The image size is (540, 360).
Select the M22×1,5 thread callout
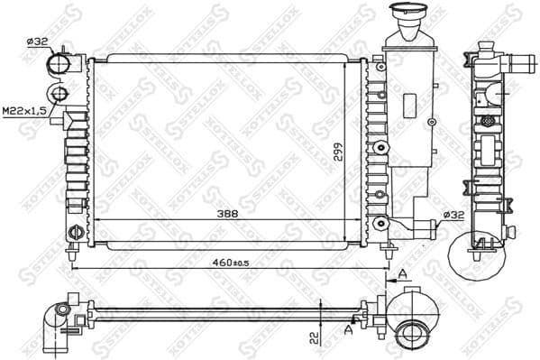point(23,110)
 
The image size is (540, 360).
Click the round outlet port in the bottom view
point(412,332)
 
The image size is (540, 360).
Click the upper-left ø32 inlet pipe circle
point(59,65)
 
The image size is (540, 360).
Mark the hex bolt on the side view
point(489,121)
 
